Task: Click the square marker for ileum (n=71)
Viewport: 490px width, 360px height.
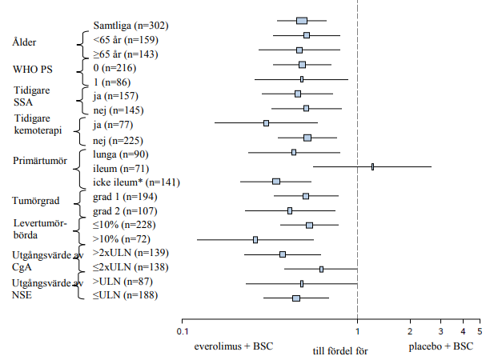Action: tap(372, 166)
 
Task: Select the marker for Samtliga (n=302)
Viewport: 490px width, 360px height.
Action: tap(302, 21)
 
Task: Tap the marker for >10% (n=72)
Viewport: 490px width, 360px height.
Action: tap(255, 240)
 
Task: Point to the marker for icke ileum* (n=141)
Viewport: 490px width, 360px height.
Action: tap(276, 182)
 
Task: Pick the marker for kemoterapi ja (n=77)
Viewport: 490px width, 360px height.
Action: tap(266, 123)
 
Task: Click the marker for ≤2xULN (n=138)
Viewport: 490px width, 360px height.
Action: tap(321, 269)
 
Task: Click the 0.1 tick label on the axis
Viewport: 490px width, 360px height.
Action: tap(183, 331)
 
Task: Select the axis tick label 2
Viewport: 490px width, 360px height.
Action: tap(410, 331)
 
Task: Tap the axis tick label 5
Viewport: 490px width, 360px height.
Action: tap(480, 331)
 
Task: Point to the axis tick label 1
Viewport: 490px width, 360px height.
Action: tap(358, 331)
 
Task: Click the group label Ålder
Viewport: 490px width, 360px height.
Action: tap(24, 42)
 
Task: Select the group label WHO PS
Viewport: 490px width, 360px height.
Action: tap(33, 69)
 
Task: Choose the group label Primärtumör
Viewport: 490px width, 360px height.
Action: tap(40, 161)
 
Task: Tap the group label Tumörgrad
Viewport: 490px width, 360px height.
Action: tap(35, 201)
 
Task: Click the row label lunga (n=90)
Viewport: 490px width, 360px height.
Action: tap(121, 154)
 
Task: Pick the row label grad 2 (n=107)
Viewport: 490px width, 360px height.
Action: tap(125, 211)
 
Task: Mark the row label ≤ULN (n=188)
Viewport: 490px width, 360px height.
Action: tap(125, 295)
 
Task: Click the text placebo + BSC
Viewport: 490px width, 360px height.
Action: tap(441, 346)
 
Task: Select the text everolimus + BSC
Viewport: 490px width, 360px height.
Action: tap(234, 346)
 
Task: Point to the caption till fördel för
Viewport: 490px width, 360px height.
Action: tap(340, 351)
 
